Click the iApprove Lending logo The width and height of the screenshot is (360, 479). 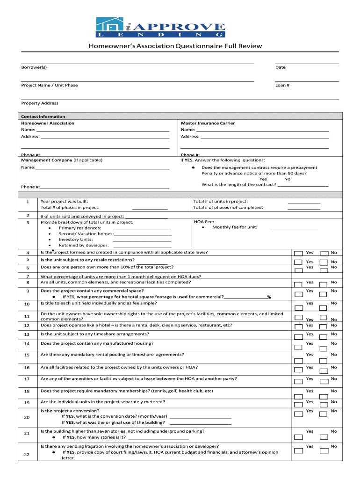[160, 27]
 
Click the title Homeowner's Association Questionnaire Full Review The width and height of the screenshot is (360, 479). [175, 46]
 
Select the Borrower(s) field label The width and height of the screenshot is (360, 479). [34, 67]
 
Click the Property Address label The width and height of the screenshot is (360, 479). [40, 103]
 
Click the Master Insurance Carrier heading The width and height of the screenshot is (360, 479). [208, 123]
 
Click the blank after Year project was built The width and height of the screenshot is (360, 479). [150, 202]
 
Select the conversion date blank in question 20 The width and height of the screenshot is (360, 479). [201, 417]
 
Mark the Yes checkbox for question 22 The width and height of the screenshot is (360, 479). [298, 450]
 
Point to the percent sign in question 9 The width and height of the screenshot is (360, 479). [269, 297]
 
